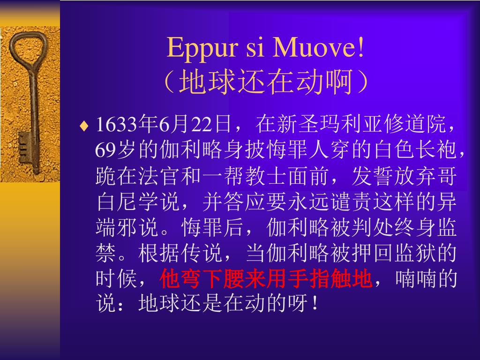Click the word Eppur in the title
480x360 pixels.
(202, 48)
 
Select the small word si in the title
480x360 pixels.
(255, 48)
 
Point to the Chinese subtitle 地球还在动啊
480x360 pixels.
(266, 82)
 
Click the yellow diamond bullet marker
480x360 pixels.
(84, 126)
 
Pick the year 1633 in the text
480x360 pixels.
(116, 125)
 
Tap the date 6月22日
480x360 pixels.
(195, 125)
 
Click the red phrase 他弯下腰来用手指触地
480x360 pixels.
(266, 279)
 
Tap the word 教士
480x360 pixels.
(266, 176)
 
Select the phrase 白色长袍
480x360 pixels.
(415, 150)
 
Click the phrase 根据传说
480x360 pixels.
(180, 253)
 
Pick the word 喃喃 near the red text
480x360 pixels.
(415, 279)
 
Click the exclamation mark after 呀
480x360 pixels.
(315, 303)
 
